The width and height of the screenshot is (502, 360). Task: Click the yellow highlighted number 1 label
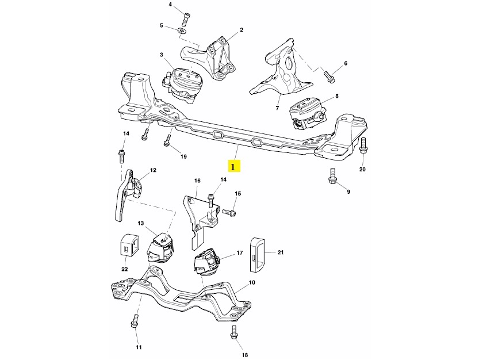233,167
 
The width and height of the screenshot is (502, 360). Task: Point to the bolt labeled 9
332,175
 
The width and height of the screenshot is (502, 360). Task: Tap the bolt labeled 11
136,320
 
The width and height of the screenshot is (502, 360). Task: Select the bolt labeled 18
234,332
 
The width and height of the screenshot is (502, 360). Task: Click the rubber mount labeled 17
206,263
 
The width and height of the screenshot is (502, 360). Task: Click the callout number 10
252,283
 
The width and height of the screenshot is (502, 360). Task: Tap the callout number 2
242,29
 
